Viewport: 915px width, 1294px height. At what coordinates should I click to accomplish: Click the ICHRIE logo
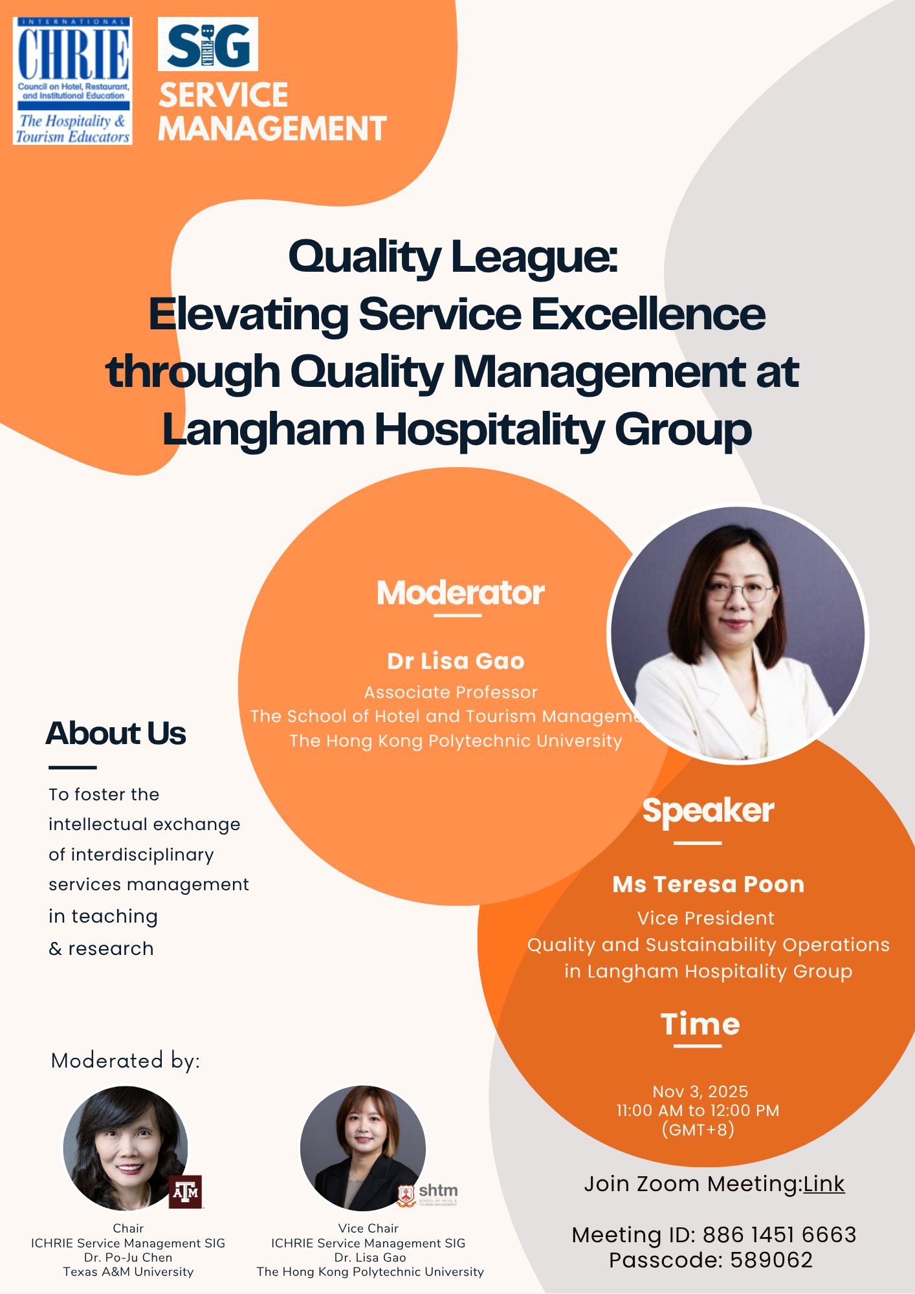(x=72, y=81)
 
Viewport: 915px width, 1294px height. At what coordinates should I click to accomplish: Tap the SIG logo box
(x=208, y=44)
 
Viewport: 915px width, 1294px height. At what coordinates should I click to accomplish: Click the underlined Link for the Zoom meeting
(x=824, y=1184)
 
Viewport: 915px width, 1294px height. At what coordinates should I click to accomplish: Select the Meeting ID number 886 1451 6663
(x=779, y=1235)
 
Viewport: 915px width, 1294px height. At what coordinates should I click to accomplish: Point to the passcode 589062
(x=771, y=1260)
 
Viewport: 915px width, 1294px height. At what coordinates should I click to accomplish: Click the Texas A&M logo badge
(x=186, y=1192)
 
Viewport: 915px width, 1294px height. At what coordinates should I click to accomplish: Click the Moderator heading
(x=461, y=593)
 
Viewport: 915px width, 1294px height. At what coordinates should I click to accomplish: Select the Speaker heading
(x=708, y=811)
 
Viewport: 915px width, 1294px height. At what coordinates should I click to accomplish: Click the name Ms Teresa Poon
(x=709, y=884)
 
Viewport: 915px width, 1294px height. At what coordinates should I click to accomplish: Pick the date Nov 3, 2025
(x=700, y=1091)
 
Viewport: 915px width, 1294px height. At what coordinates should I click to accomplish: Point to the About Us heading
(x=116, y=733)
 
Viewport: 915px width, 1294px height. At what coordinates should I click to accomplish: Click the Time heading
(x=700, y=1024)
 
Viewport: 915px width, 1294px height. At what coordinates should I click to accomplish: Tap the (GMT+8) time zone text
(x=698, y=1130)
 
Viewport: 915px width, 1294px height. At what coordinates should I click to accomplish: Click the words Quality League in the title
(x=453, y=257)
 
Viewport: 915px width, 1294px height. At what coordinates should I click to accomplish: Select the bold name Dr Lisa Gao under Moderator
(x=456, y=661)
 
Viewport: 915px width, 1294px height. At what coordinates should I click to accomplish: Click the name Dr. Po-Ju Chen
(x=128, y=1257)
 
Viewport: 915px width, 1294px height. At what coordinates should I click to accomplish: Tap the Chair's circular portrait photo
(x=126, y=1148)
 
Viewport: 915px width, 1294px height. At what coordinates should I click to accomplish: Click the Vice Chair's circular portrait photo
(x=363, y=1148)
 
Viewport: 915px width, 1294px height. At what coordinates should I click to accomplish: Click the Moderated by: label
(x=126, y=1061)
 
